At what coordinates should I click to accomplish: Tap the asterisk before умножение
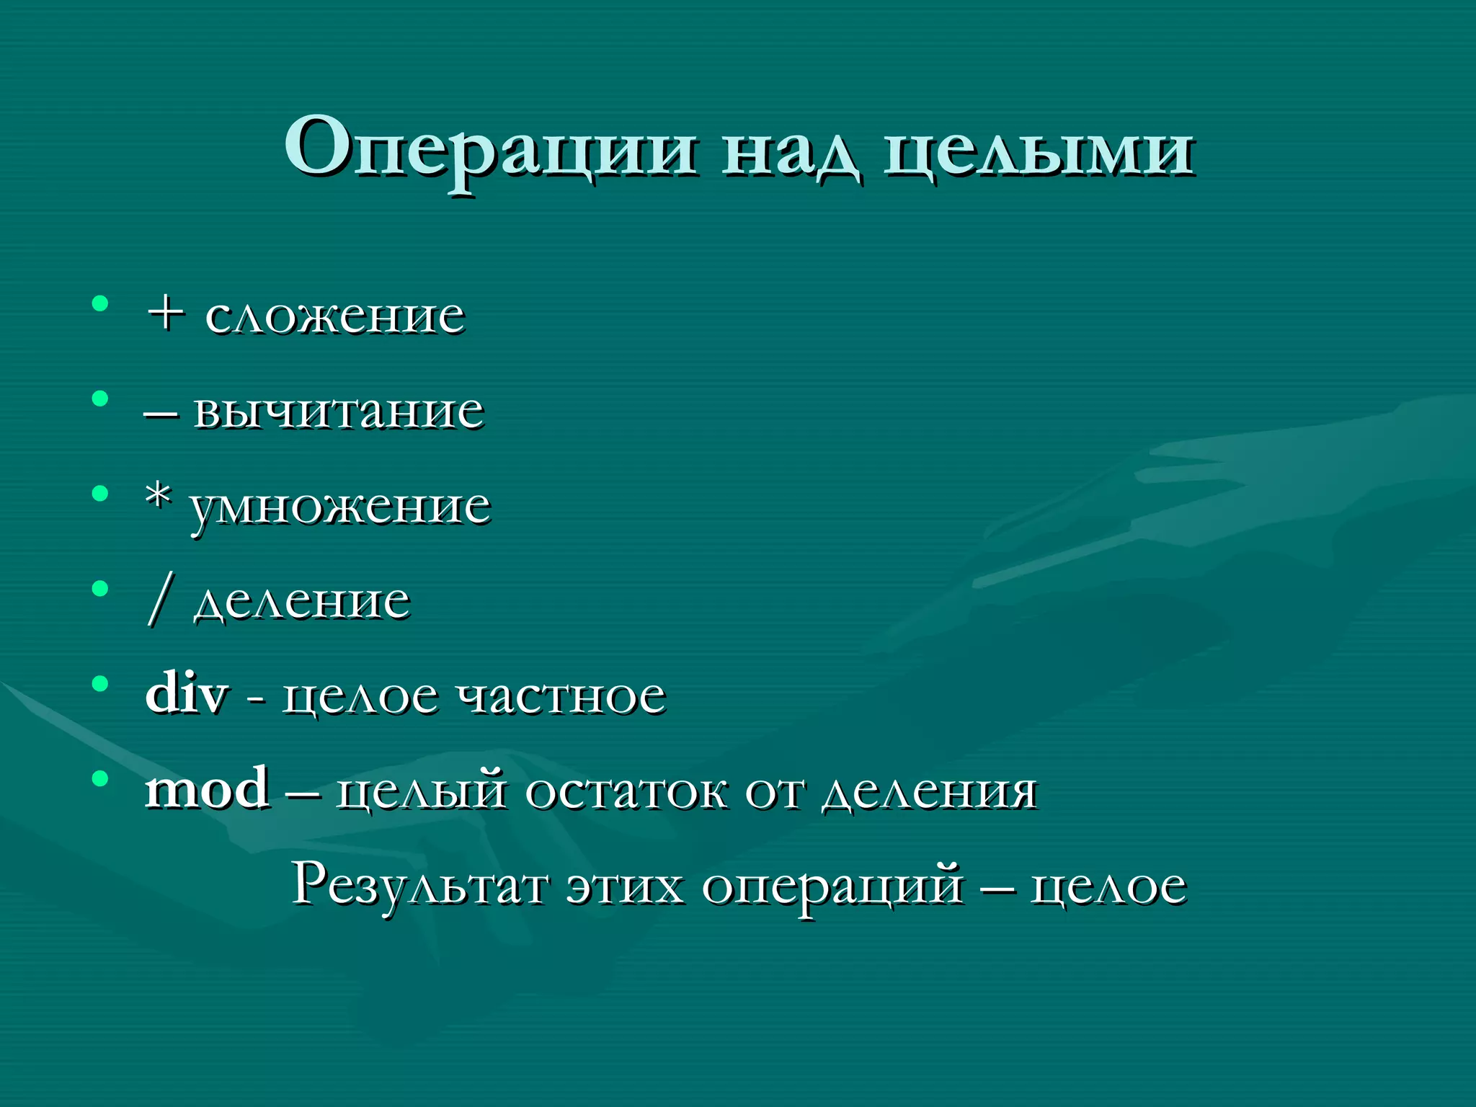159,497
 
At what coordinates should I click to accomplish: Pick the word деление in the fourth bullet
302,601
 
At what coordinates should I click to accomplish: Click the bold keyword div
187,693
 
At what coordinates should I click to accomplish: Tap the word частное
563,696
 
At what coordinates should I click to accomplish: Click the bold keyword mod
208,788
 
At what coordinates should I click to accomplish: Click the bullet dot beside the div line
100,683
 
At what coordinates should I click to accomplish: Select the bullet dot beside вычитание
100,399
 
